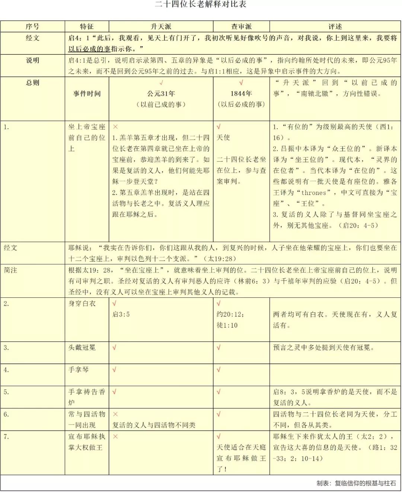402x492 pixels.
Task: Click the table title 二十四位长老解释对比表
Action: tap(201, 4)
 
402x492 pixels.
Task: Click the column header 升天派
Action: tap(161, 26)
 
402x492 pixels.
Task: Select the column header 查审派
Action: tap(241, 26)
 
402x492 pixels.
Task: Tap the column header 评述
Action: tap(335, 26)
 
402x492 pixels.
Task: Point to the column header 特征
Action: tap(87, 26)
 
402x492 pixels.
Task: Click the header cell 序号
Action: tap(32, 26)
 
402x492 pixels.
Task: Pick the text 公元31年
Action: tap(161, 94)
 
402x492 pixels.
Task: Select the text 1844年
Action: tap(241, 94)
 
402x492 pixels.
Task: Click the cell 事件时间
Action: tap(87, 94)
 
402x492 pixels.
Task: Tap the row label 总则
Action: tap(32, 83)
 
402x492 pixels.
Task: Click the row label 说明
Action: tap(32, 60)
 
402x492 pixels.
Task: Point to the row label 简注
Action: tap(10, 270)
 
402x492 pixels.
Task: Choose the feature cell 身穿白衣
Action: tap(82, 304)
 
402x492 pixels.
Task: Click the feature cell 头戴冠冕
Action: tap(82, 348)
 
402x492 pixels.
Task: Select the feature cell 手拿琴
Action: tap(79, 370)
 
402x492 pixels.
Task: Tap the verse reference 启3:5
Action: tap(121, 315)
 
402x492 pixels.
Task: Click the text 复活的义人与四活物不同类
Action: tap(154, 425)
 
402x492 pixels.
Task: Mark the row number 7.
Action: tap(6, 436)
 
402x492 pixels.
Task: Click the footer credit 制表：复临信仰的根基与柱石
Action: tap(356, 483)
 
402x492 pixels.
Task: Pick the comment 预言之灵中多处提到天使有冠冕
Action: tap(323, 348)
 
